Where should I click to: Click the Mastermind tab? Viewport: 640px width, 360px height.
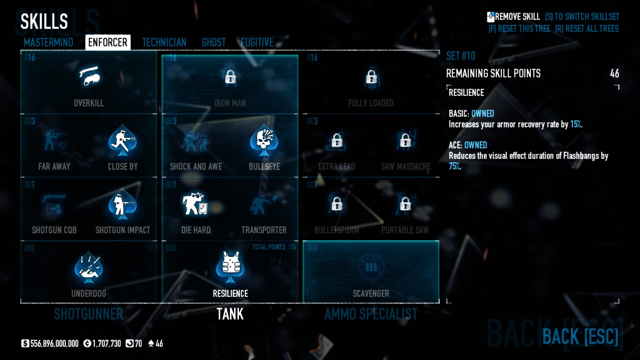48,42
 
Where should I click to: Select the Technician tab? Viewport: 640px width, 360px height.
164,42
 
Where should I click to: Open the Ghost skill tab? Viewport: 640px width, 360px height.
214,42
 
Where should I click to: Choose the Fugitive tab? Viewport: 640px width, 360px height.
257,42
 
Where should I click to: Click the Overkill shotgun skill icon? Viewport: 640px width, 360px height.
89,76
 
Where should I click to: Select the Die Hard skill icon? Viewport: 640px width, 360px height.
195,203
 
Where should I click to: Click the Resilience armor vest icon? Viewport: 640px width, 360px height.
230,266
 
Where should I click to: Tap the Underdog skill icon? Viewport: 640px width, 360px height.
89,267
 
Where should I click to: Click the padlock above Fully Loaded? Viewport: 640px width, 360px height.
371,77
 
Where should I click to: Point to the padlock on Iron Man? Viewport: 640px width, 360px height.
230,77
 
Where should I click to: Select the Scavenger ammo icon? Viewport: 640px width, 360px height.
371,267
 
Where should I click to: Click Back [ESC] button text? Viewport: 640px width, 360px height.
580,336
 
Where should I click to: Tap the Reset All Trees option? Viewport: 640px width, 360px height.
587,29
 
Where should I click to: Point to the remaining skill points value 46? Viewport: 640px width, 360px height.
614,73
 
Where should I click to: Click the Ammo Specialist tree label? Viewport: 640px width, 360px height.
371,314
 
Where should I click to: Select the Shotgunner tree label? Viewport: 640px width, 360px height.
89,314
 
